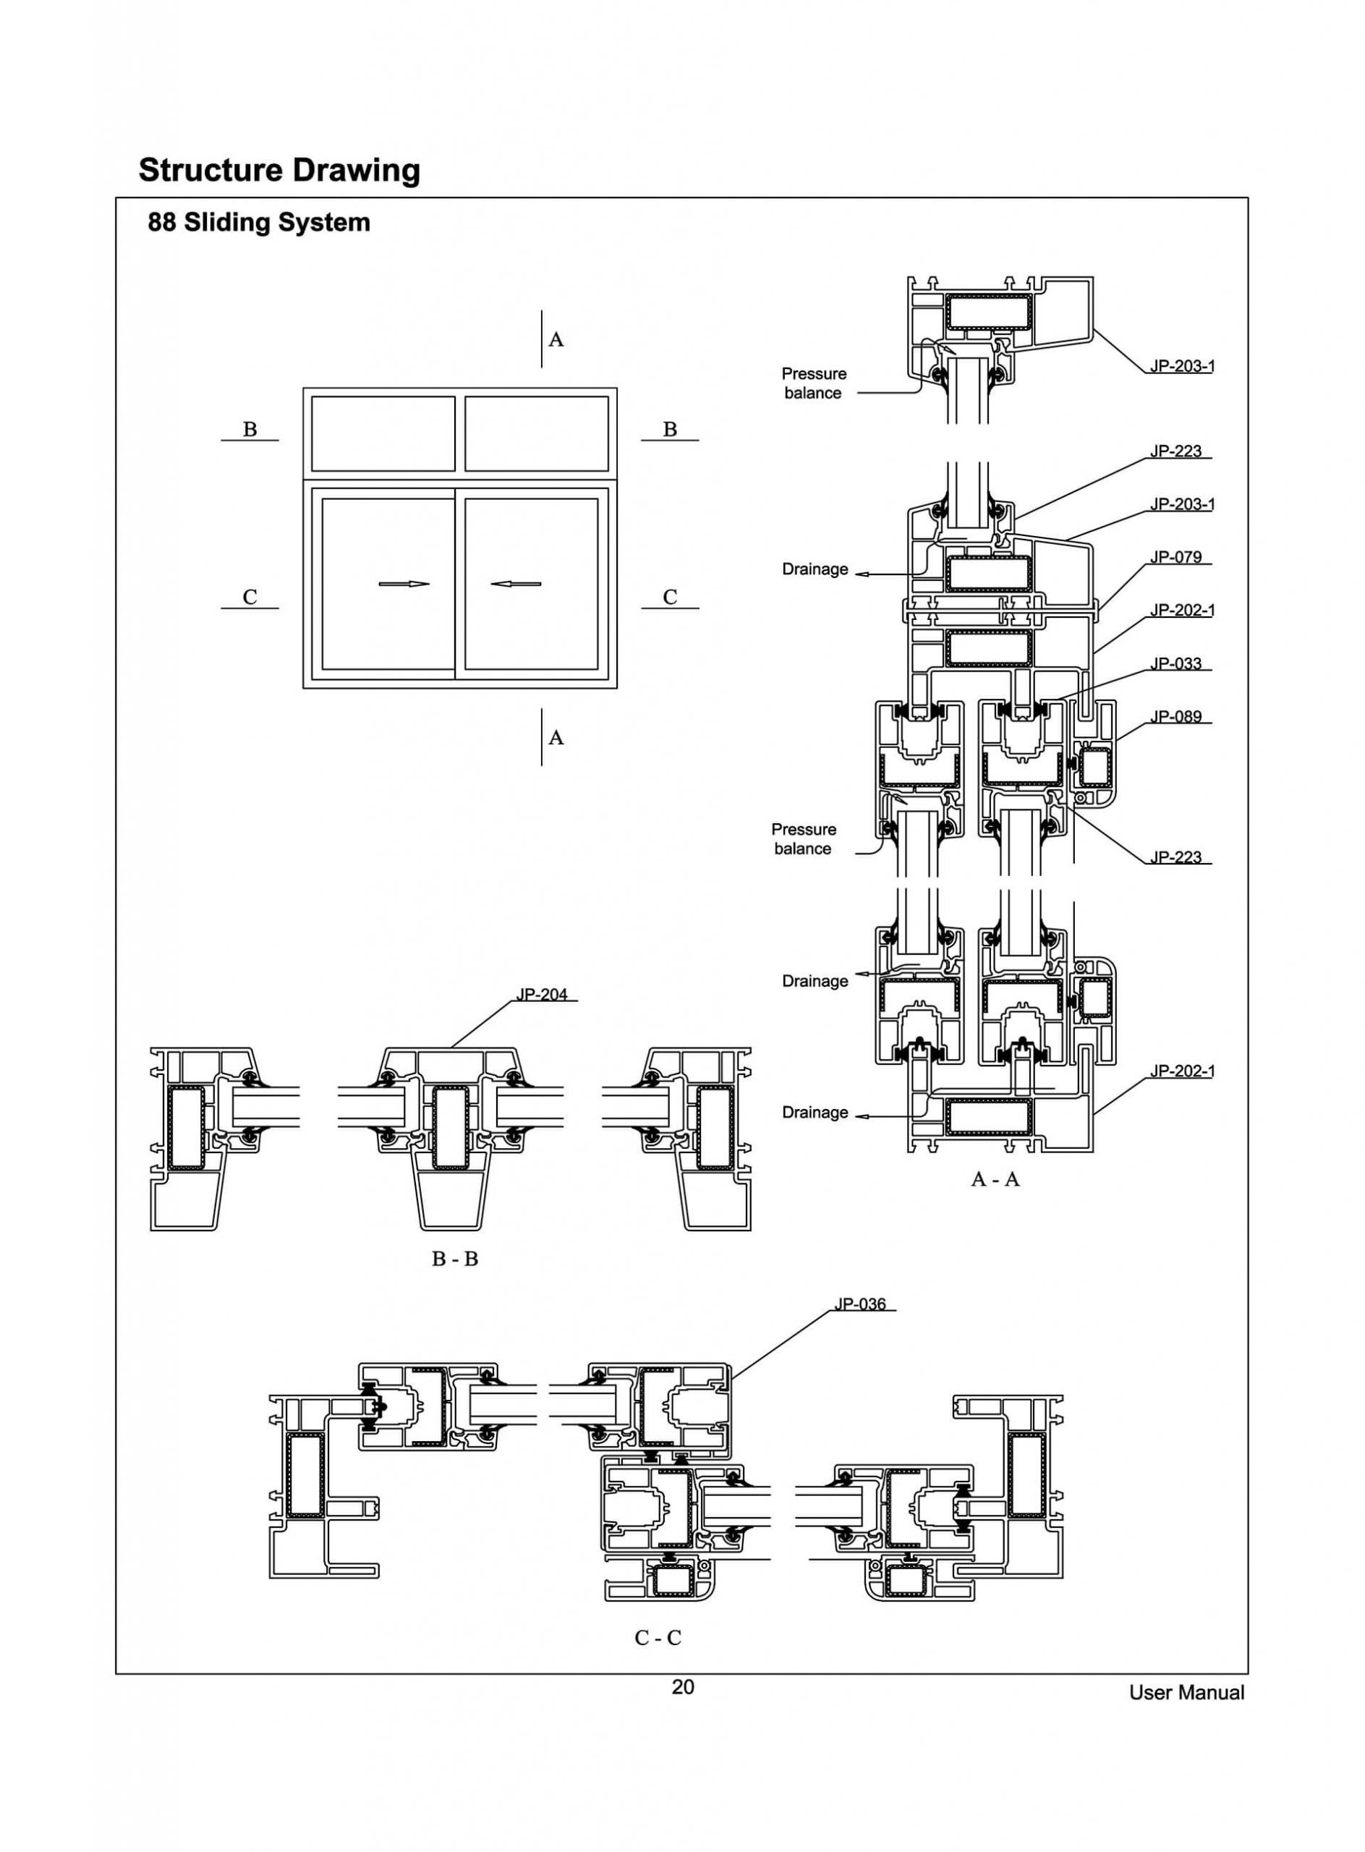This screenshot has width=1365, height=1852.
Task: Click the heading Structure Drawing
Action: pyautogui.click(x=279, y=170)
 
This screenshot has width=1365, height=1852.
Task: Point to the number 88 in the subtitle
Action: pyautogui.click(x=162, y=222)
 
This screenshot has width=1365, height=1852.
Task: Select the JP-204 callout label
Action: pyautogui.click(x=542, y=994)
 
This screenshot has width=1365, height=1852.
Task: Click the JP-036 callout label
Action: pyautogui.click(x=860, y=1304)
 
